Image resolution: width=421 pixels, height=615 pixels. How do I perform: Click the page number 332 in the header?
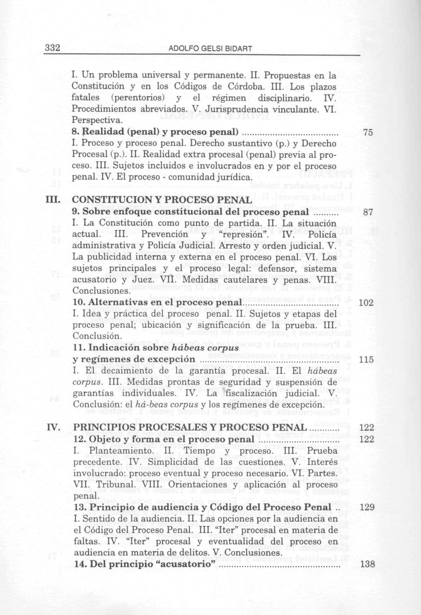[52, 48]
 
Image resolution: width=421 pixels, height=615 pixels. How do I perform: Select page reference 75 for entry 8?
[368, 133]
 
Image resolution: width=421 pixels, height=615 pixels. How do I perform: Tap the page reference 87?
[368, 212]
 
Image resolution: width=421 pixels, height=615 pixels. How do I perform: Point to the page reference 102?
[366, 303]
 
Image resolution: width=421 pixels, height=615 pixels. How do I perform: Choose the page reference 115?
[366, 360]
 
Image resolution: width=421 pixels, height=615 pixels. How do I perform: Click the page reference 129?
[367, 508]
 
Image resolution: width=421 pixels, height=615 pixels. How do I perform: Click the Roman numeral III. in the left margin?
[53, 200]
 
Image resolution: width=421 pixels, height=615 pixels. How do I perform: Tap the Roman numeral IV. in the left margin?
[53, 428]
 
